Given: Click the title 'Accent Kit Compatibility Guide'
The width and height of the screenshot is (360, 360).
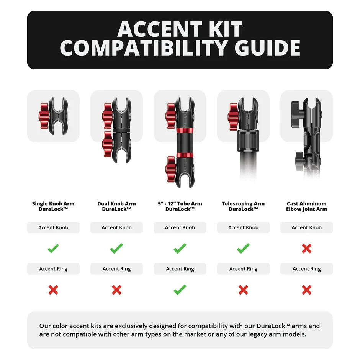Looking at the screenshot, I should point(180,39).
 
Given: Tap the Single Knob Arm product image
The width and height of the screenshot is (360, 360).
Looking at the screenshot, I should point(53,116).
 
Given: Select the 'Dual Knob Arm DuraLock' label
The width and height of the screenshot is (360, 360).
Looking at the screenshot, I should point(116,206).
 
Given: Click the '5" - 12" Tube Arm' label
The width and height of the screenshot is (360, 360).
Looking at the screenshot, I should point(180,204).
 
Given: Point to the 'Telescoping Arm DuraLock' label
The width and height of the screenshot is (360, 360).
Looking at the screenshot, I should point(243,206).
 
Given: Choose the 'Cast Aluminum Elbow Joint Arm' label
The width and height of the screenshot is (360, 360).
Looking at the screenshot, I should point(306,206).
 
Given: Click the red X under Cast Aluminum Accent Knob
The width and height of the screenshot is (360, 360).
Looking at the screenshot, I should point(306,249).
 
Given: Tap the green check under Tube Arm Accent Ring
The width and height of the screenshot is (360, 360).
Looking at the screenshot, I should point(180,290).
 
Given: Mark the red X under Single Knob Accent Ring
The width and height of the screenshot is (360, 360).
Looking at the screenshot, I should point(53,290).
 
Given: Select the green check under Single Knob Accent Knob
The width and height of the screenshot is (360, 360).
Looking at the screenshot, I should point(53,249).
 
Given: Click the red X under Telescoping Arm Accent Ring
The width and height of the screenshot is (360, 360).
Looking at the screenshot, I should point(243,290).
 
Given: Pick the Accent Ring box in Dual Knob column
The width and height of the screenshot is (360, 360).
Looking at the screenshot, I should point(116,269).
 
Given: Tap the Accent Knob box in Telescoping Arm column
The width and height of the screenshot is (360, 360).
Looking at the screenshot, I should point(243,227).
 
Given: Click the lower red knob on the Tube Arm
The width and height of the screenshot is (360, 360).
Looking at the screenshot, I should point(171,169).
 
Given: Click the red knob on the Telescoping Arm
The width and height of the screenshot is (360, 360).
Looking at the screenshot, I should point(233,116).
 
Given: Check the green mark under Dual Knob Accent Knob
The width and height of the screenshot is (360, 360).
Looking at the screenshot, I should point(116,249).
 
